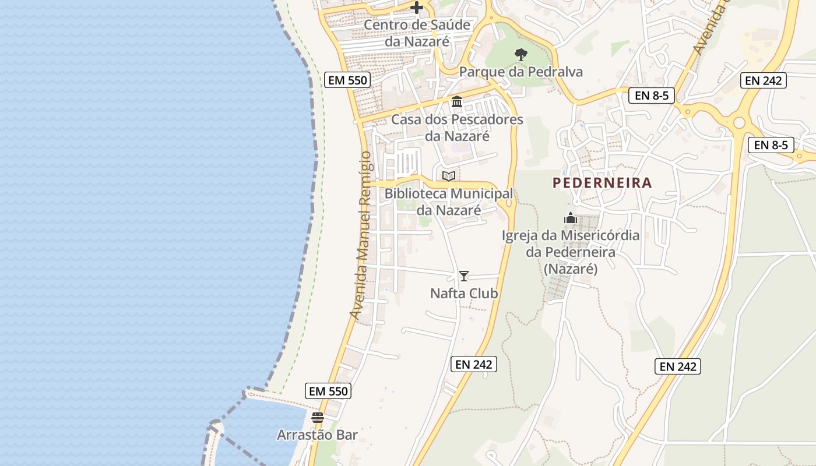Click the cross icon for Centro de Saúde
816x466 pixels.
point(417,8)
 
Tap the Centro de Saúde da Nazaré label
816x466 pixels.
point(417,33)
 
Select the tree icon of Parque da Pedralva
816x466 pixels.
point(521,55)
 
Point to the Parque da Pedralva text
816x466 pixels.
point(521,72)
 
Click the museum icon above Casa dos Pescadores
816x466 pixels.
point(457,102)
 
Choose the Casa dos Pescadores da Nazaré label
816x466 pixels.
point(457,128)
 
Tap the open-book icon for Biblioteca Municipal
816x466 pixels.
point(448,176)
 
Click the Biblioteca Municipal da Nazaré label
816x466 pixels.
point(449,201)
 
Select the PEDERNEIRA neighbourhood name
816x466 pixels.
point(602,183)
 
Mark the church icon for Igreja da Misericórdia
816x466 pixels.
point(571,218)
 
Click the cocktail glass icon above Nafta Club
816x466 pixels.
point(464,276)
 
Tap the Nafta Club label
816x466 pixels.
point(464,293)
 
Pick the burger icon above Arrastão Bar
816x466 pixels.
point(317,417)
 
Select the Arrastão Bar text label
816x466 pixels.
point(317,435)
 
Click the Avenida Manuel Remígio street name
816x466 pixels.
point(361,235)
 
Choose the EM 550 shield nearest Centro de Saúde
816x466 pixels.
point(348,80)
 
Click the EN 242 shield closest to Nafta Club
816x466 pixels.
point(474,364)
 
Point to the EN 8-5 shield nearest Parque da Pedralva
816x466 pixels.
point(651,96)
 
